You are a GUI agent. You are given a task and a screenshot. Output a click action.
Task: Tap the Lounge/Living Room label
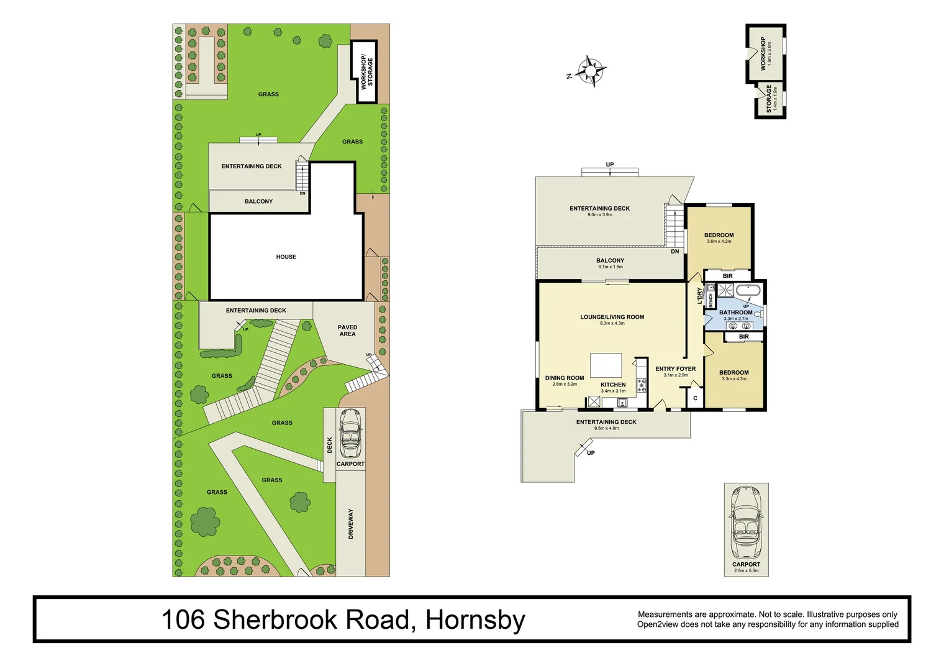[612, 317]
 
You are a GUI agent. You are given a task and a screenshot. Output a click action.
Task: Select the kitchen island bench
[606, 365]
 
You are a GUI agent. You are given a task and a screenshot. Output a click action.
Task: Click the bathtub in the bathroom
[748, 290]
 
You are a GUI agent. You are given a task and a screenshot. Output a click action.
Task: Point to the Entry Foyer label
[675, 368]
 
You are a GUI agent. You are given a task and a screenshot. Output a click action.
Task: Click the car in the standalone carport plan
[746, 522]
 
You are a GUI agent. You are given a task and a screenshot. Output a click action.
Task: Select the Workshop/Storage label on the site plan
[367, 72]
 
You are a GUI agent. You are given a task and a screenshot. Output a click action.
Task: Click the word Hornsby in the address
[475, 620]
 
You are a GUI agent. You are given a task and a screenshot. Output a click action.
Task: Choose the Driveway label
[351, 523]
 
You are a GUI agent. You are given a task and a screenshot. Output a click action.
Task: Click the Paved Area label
[347, 331]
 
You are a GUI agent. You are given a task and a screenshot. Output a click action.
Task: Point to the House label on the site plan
[286, 257]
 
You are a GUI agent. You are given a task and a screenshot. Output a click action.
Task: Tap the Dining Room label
[564, 378]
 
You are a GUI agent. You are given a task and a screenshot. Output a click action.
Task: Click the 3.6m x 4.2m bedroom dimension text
[719, 242]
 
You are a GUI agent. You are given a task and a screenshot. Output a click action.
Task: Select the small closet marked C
[695, 398]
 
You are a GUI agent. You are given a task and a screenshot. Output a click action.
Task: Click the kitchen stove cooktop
[641, 385]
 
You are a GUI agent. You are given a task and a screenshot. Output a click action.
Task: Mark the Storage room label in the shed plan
[769, 99]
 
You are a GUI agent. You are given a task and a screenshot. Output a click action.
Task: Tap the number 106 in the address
[183, 620]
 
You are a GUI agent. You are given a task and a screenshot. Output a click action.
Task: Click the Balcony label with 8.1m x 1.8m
[610, 261]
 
